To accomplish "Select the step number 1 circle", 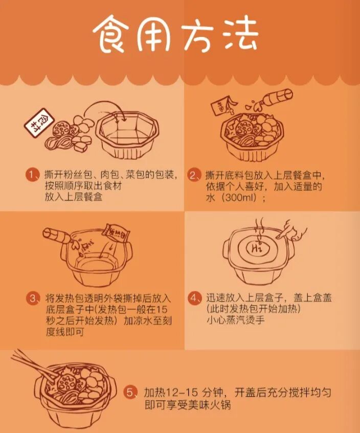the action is click(x=33, y=176).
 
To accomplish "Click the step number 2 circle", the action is click(x=194, y=176).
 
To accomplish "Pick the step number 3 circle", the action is click(x=33, y=298).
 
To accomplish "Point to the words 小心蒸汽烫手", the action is click(x=236, y=320).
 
